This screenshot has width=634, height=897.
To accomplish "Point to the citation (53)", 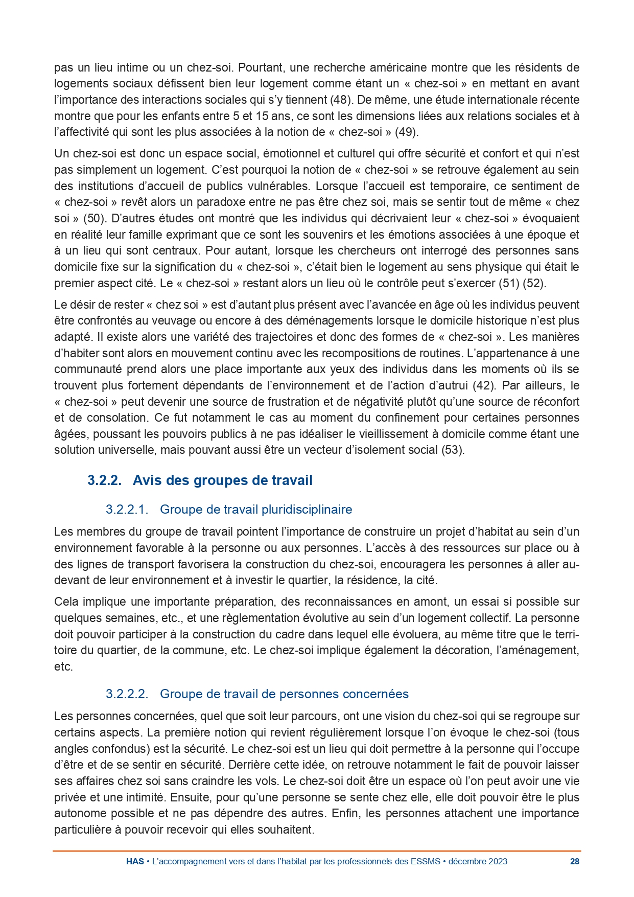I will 453,450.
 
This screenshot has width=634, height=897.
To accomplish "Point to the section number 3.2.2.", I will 104,480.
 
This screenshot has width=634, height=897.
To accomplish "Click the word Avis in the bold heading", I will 147,480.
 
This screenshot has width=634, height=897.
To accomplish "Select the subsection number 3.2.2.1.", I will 127,510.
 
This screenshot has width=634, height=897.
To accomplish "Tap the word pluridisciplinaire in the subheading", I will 307,510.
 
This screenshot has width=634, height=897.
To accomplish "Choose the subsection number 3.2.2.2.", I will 127,694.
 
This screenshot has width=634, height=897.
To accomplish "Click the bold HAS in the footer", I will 135,861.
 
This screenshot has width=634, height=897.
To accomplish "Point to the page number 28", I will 574,861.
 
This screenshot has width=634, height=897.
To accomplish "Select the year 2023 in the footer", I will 497,861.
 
